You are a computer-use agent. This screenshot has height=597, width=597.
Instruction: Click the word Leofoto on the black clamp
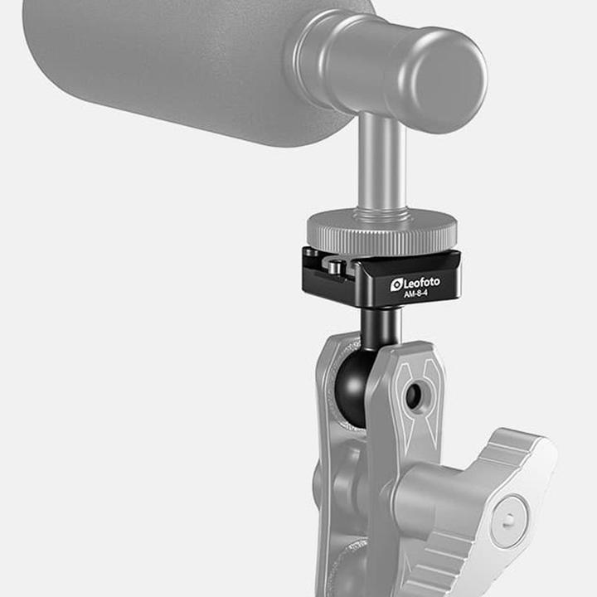coord(422,283)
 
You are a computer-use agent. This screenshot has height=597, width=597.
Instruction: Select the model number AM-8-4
coord(415,295)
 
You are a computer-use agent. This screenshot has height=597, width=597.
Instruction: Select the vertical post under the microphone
coord(382,162)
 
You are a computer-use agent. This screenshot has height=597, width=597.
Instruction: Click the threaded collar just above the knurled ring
coord(382,211)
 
